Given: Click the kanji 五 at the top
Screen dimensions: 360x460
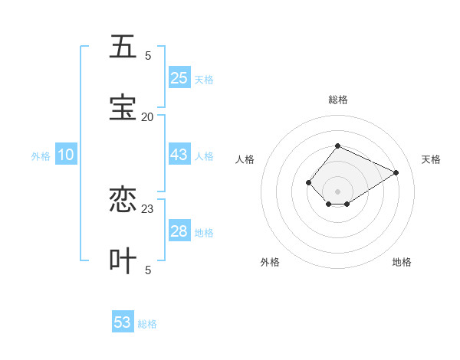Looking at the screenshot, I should [x=123, y=47].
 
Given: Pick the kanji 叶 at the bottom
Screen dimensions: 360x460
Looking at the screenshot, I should [x=123, y=260].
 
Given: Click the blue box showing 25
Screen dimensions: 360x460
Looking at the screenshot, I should [x=179, y=78].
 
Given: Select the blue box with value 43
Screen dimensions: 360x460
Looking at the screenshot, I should [x=179, y=155].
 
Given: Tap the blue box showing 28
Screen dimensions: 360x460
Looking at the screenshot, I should [x=179, y=231].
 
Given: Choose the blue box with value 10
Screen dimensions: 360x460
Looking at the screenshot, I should [x=66, y=155].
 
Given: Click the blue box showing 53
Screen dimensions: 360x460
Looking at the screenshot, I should [x=123, y=322].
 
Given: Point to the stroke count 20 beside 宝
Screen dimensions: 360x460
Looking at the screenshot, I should [x=147, y=117].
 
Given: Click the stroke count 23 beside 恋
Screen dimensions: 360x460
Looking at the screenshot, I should [x=147, y=208].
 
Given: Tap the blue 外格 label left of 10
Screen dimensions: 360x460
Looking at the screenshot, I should [x=41, y=156].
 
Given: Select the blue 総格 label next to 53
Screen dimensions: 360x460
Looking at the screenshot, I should [x=147, y=324].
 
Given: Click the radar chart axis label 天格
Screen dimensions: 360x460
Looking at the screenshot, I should [x=431, y=159].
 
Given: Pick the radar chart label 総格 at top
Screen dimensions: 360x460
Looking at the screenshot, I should [x=338, y=100].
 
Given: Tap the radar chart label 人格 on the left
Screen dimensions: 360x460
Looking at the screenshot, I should [x=245, y=159].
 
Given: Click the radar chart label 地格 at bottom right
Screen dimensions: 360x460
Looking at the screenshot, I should [x=402, y=262].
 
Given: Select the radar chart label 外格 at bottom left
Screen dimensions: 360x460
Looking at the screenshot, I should [x=270, y=262].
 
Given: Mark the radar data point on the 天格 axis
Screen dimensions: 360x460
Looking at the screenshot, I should [x=396, y=172].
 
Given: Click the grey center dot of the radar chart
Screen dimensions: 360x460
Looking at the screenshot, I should [x=338, y=191].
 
